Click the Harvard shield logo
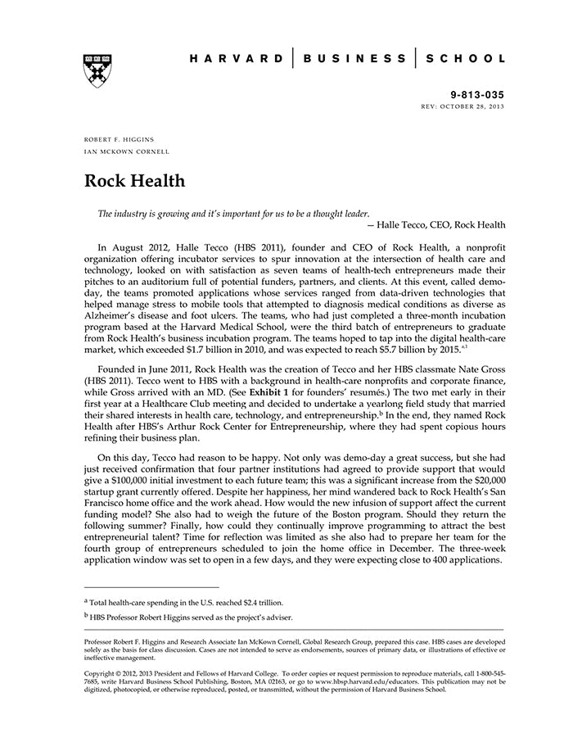tap(97, 70)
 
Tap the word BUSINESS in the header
tap(354, 59)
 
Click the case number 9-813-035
tap(477, 95)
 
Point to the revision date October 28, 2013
tap(476, 107)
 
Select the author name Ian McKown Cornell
tap(127, 152)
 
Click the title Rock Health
tap(134, 181)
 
